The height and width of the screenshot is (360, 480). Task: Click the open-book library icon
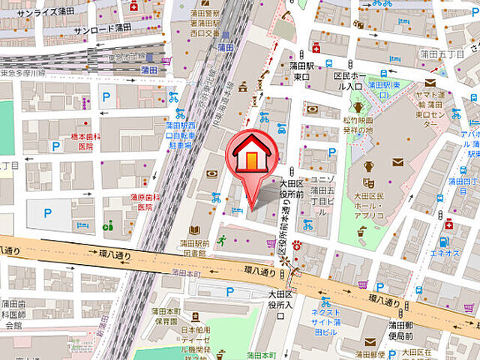tap(194, 230)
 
